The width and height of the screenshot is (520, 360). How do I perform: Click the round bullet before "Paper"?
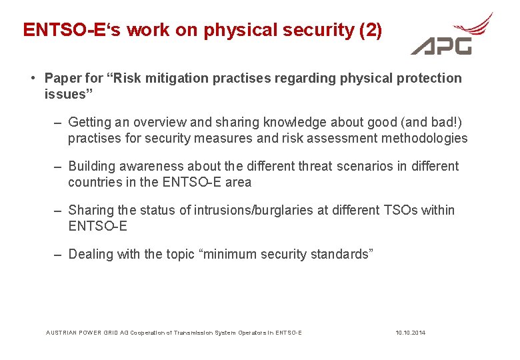click(x=32, y=78)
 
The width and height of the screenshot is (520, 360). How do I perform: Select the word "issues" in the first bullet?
click(x=65, y=94)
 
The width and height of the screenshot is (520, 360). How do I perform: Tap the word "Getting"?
click(x=90, y=122)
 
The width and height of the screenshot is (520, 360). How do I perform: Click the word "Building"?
click(x=92, y=166)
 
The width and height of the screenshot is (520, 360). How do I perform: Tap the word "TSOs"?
click(x=401, y=211)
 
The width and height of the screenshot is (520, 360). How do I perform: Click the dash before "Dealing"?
click(x=58, y=255)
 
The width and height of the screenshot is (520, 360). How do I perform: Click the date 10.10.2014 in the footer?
click(x=410, y=332)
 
